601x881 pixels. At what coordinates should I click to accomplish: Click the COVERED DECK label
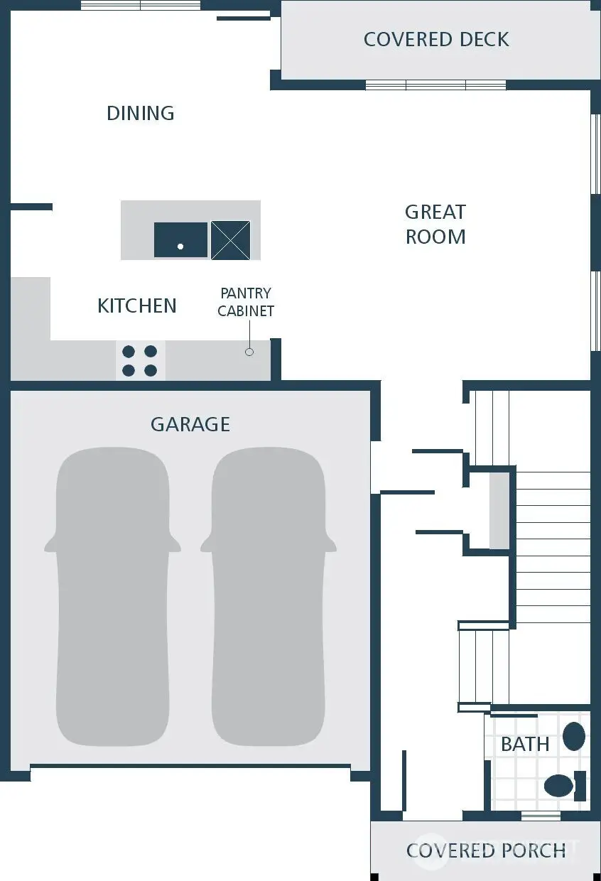point(435,39)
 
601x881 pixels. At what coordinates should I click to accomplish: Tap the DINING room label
point(141,113)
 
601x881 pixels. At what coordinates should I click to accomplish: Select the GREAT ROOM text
point(435,224)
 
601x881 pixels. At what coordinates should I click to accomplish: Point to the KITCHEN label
point(137,306)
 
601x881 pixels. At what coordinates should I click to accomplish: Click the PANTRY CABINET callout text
point(246,302)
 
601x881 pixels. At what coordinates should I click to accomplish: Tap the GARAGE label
point(190,424)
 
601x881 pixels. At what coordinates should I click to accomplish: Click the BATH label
point(525,744)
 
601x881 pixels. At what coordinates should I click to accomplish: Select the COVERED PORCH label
point(486,850)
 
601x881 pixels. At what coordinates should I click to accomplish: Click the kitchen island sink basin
point(180,239)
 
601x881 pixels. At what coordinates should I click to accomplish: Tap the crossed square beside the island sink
point(230,240)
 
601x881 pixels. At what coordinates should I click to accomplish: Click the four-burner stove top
point(140,360)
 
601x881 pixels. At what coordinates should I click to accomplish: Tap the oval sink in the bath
point(574,736)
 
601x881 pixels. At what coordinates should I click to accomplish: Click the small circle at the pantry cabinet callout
point(249,352)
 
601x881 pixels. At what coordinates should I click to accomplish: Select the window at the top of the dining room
point(140,6)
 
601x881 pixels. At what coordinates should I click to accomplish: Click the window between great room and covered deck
point(435,85)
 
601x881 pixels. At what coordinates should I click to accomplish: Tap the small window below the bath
point(541,816)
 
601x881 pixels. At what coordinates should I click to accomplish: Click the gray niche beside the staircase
point(499,510)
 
